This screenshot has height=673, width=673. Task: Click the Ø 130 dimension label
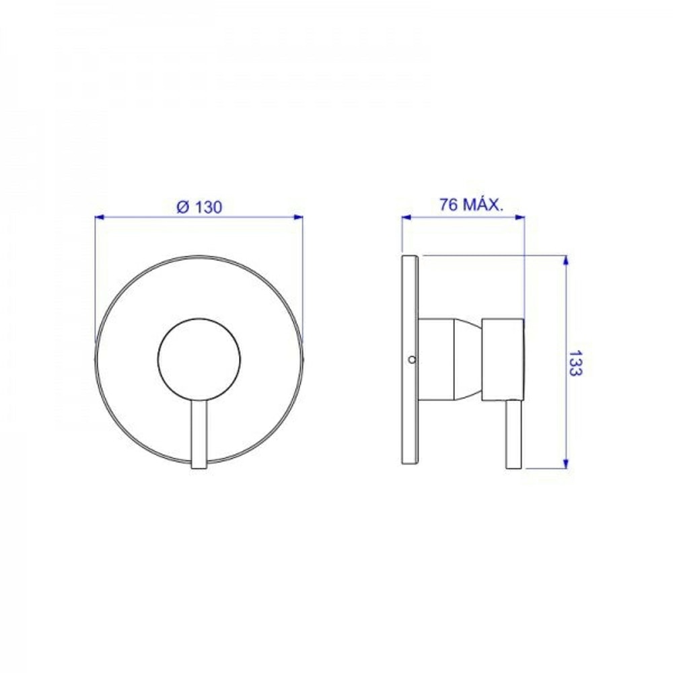click(200, 207)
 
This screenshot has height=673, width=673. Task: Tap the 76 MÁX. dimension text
click(471, 205)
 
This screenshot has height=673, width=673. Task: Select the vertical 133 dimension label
click(575, 363)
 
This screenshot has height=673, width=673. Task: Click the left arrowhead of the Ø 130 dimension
click(99, 217)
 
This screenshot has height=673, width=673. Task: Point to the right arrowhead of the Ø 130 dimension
click(298, 217)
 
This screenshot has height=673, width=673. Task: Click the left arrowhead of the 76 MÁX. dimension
click(406, 217)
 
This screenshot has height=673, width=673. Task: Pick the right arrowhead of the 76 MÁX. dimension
click(520, 217)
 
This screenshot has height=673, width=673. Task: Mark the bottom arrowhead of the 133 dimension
click(566, 463)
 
